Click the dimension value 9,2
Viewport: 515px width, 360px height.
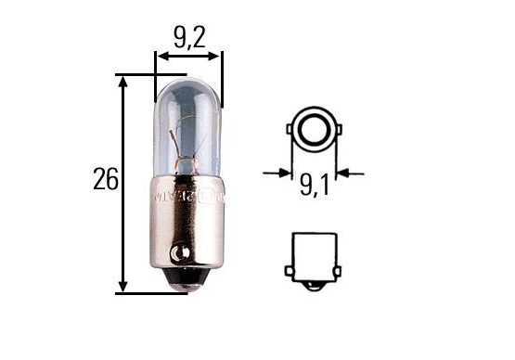pyautogui.click(x=189, y=38)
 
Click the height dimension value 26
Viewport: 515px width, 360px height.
pyautogui.click(x=105, y=179)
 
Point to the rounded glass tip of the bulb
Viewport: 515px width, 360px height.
pyautogui.click(x=188, y=84)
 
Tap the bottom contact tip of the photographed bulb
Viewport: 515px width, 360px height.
pyautogui.click(x=187, y=289)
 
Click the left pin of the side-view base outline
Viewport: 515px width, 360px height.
pyautogui.click(x=290, y=271)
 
